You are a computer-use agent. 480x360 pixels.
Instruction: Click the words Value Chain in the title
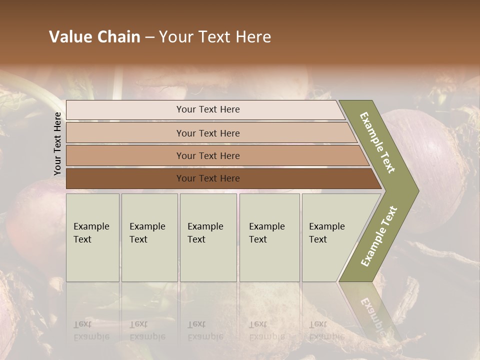[x=94, y=37]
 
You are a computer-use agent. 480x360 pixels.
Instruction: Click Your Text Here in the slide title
[x=215, y=37]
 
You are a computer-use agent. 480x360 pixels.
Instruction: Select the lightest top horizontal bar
[x=125, y=110]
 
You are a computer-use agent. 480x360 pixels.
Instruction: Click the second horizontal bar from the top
[x=125, y=133]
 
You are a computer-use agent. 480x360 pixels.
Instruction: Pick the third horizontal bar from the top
[x=125, y=155]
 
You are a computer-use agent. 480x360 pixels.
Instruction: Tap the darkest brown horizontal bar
[x=125, y=178]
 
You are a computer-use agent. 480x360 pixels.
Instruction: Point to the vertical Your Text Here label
[x=57, y=144]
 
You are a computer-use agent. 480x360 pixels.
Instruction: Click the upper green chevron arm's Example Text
[x=377, y=142]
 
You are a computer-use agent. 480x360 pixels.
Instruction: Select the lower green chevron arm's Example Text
[x=379, y=236]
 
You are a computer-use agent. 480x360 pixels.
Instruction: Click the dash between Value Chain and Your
[x=149, y=37]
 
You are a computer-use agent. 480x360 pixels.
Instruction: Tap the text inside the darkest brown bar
[x=208, y=178]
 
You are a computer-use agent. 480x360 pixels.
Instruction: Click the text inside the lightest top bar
[x=208, y=109]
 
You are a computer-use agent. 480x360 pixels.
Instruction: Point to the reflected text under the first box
[x=91, y=330]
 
